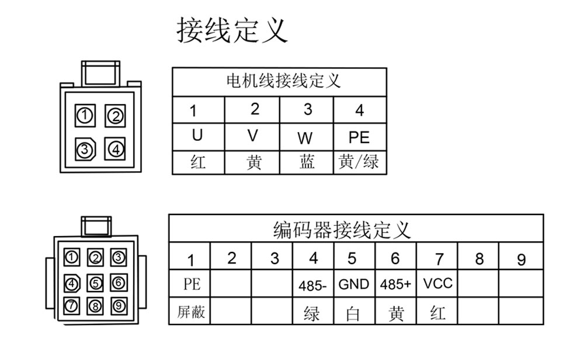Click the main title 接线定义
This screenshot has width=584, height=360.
click(232, 30)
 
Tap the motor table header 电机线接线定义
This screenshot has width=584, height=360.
click(283, 81)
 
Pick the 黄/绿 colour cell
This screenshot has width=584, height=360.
click(359, 162)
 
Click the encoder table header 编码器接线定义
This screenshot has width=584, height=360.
click(342, 230)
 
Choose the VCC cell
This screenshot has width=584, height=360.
click(437, 283)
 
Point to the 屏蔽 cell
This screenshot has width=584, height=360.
click(191, 312)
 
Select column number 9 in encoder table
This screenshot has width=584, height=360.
click(522, 259)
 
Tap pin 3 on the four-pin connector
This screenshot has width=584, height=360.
click(85, 150)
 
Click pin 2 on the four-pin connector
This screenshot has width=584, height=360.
click(115, 116)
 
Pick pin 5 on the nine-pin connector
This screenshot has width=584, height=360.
click(95, 283)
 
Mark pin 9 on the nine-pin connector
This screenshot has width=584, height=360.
click(119, 306)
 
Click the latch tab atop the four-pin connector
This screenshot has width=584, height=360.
click(100, 73)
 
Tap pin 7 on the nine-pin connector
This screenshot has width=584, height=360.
click(71, 306)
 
